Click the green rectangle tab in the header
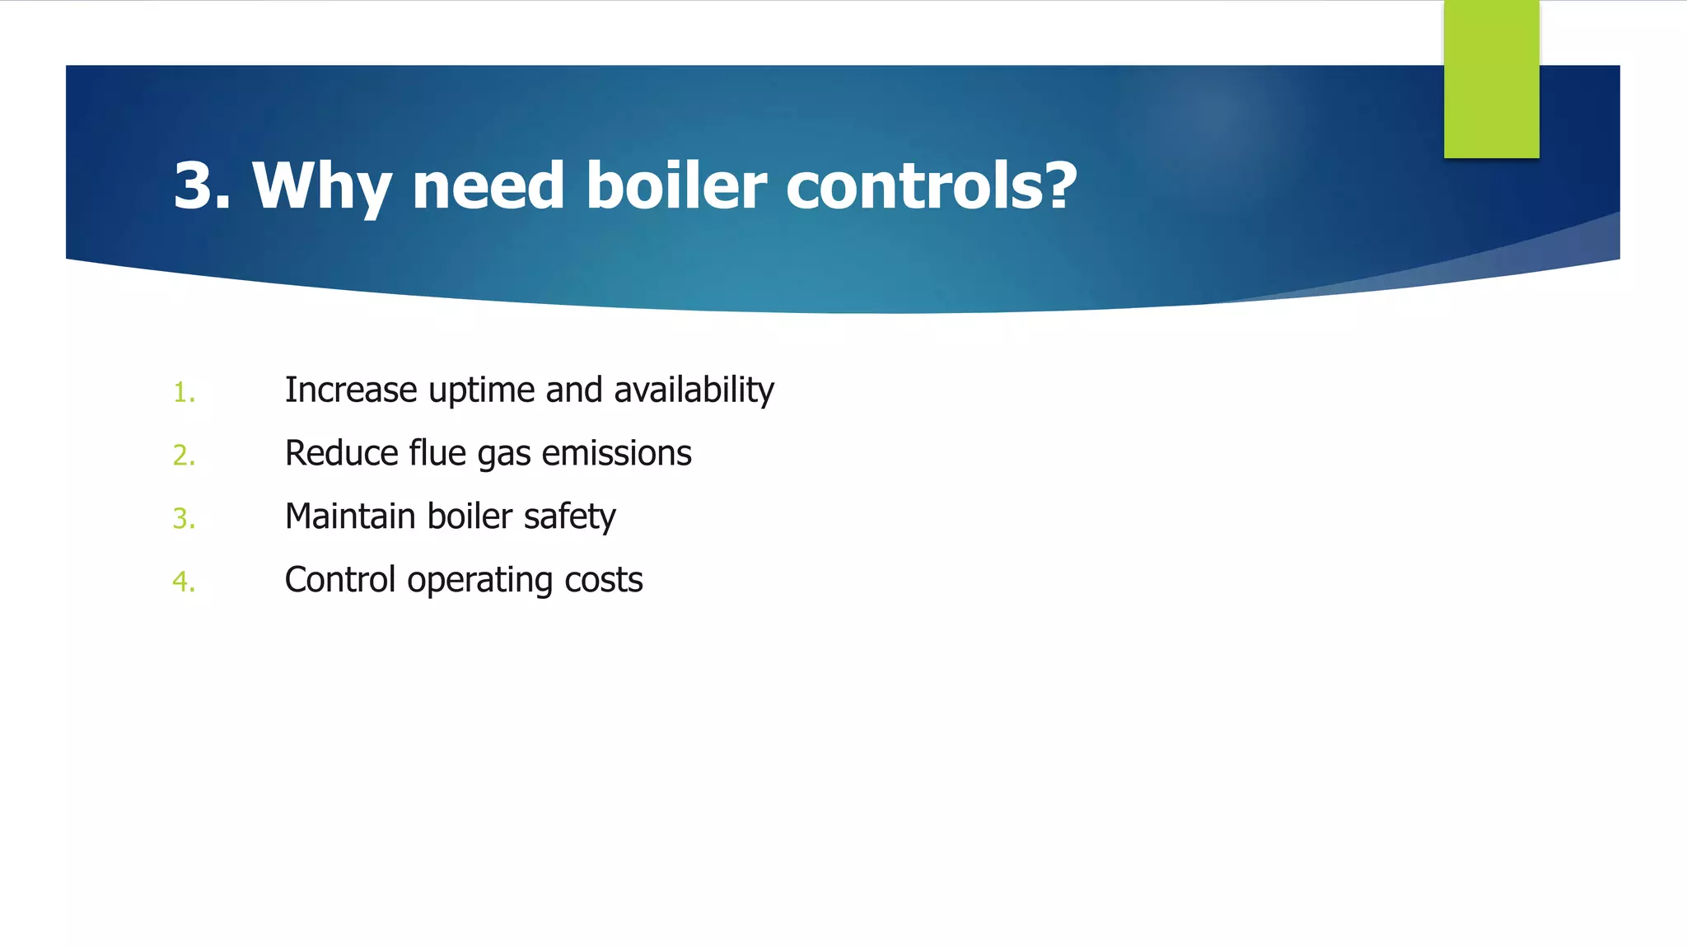pyautogui.click(x=1491, y=79)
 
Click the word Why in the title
pyautogui.click(x=321, y=186)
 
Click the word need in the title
pyautogui.click(x=488, y=186)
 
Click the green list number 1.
pyautogui.click(x=184, y=393)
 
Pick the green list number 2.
pyautogui.click(x=184, y=456)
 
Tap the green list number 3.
pyautogui.click(x=184, y=519)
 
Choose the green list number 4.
pyautogui.click(x=184, y=582)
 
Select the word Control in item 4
pyautogui.click(x=340, y=580)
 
